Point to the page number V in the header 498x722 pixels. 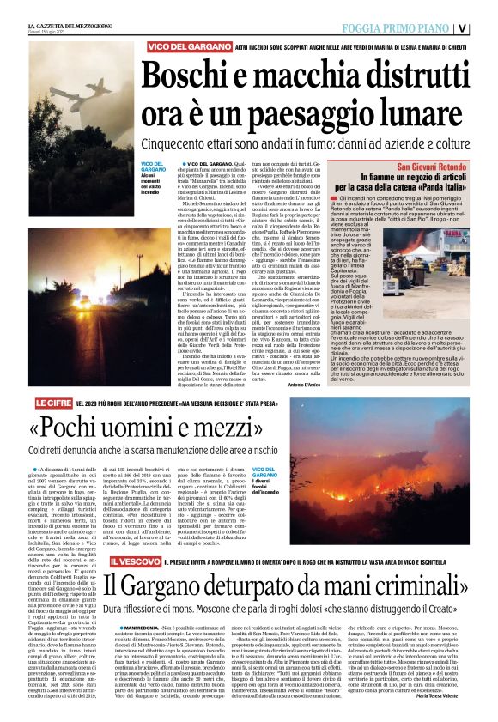pos(486,26)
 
